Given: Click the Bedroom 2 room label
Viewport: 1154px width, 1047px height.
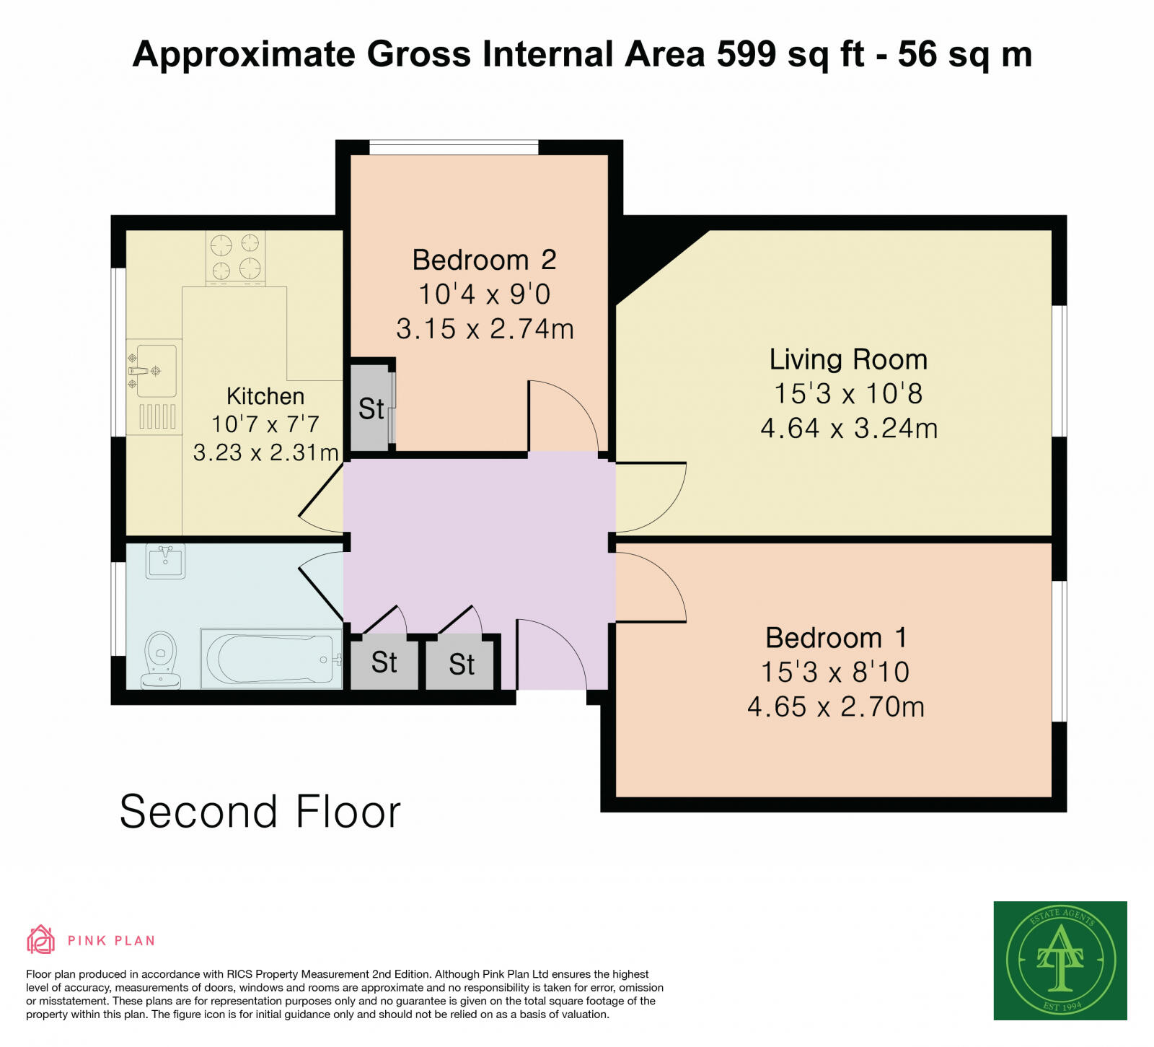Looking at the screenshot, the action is (x=484, y=260).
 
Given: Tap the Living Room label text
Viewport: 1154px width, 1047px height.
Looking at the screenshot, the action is (x=848, y=359).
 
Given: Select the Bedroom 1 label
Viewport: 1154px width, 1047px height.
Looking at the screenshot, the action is (x=836, y=638).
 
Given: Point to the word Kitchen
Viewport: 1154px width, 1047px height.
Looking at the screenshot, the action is (x=265, y=396).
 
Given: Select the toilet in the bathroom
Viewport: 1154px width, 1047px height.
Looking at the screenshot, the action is (x=161, y=660).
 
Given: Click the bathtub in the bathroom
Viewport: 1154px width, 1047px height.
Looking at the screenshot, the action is (x=270, y=658).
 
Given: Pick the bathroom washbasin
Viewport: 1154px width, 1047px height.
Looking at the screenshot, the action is (x=166, y=561).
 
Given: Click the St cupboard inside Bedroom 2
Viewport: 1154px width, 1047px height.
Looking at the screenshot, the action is (x=371, y=408).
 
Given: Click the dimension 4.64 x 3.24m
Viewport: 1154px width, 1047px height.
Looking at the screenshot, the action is (x=849, y=429).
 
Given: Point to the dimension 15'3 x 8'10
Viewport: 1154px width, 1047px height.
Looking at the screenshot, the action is (x=835, y=673).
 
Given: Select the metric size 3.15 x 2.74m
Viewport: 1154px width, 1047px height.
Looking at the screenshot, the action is (x=485, y=329).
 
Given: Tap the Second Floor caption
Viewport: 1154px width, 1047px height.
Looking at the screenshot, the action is (x=260, y=812).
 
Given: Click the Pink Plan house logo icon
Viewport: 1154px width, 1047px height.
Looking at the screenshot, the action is (x=41, y=939).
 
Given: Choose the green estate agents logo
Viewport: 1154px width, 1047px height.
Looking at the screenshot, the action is (x=1060, y=960).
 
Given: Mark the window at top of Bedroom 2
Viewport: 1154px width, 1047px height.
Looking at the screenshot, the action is (x=454, y=148).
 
